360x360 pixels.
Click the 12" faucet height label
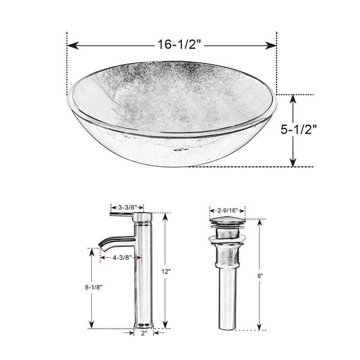pos(166,271)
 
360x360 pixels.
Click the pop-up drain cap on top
pos(226,224)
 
